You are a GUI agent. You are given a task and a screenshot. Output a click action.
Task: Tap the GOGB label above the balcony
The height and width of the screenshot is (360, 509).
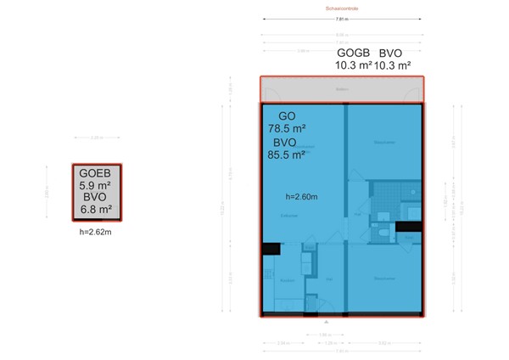tap(353, 52)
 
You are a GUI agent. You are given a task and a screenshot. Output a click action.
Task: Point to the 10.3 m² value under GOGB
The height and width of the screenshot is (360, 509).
tap(355, 65)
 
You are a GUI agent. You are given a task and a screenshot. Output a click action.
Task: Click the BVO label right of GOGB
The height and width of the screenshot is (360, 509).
tap(394, 52)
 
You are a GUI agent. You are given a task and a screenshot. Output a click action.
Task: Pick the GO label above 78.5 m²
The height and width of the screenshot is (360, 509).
tap(288, 115)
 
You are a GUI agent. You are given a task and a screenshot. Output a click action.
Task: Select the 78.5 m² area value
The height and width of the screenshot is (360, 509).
tap(287, 129)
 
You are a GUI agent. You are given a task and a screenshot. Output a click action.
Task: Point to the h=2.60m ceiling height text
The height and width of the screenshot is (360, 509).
tap(301, 197)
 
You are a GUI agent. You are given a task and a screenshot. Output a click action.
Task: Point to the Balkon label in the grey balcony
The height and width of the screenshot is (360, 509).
tap(341, 88)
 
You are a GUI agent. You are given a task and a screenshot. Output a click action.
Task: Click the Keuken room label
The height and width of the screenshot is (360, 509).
tap(288, 279)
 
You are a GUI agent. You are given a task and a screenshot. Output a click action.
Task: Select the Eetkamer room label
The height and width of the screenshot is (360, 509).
tap(288, 217)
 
